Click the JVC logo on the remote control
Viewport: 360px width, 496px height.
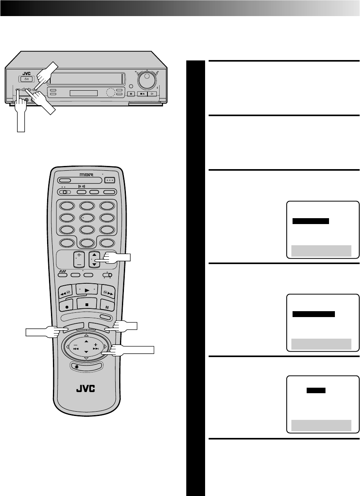pos(86,390)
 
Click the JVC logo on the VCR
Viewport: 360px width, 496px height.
pos(26,73)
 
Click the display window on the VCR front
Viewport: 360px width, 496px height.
pos(83,93)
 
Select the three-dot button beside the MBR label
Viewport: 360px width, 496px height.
pos(110,181)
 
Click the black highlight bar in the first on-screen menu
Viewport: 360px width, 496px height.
pos(311,221)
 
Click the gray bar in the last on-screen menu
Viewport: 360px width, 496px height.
pos(321,425)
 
